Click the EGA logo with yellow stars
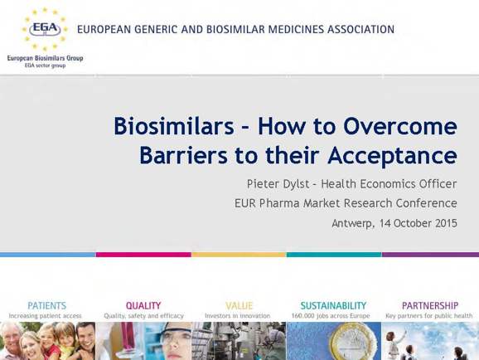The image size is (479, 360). (x=45, y=29)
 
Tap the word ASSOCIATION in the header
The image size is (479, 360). (x=360, y=29)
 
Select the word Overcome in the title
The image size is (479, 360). (x=400, y=126)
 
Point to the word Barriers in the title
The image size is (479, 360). (x=183, y=155)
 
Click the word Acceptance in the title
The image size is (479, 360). (x=392, y=156)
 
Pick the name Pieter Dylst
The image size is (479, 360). (x=278, y=184)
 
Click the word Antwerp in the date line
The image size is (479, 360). (x=352, y=223)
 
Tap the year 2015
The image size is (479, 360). (x=447, y=223)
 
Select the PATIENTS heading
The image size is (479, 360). (x=46, y=305)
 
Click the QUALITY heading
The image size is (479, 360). (x=143, y=305)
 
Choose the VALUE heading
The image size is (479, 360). (x=239, y=305)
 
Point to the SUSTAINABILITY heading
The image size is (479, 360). (x=333, y=305)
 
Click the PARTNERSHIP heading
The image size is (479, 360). (x=430, y=305)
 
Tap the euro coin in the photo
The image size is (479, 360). (x=355, y=343)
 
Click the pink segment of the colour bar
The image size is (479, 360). (x=143, y=255)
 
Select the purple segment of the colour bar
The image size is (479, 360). (x=430, y=255)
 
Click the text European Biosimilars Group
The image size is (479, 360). (x=46, y=58)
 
